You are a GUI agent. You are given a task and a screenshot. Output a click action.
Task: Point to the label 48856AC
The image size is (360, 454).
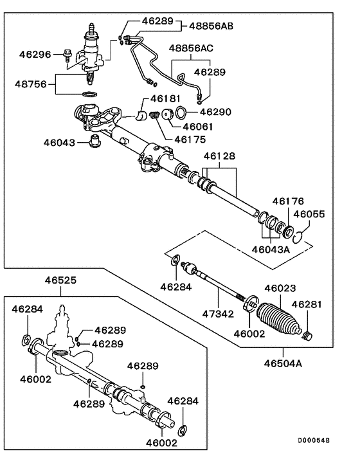coord(192,49)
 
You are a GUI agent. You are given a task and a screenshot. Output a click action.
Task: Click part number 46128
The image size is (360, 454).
coord(219,156)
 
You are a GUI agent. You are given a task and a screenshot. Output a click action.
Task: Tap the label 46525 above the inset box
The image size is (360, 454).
coord(61,280)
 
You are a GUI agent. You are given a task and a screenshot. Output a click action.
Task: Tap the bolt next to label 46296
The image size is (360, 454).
coord(69,57)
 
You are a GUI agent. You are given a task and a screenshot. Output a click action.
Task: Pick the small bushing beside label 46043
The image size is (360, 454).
coord(95,140)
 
